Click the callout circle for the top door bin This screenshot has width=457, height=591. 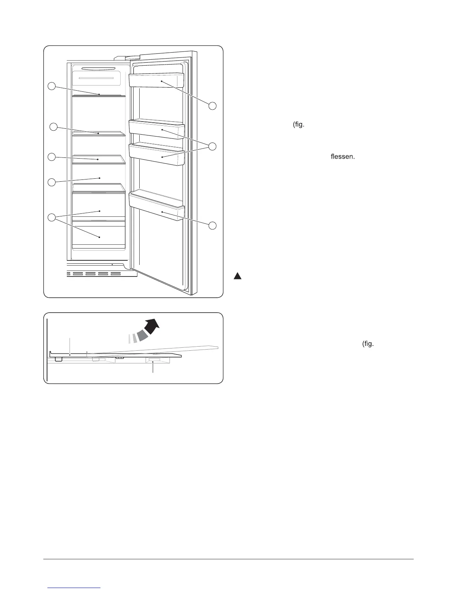tap(212, 106)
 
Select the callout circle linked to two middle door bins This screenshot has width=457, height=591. tap(212, 146)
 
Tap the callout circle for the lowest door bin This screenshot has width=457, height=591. tap(212, 225)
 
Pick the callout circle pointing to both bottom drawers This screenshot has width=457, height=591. tap(52, 218)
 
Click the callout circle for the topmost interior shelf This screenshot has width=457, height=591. tap(52, 87)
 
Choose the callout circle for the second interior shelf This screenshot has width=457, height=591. tap(53, 127)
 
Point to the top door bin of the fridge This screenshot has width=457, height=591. tap(156, 81)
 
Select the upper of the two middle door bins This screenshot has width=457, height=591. tap(156, 129)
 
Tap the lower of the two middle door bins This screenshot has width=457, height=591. tap(156, 155)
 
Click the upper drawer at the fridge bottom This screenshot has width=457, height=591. tap(99, 204)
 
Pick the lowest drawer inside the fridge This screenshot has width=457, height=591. tap(99, 235)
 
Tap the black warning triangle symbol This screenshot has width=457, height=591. tap(238, 276)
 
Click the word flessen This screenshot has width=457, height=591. tap(342, 157)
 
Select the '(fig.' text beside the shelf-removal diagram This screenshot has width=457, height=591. tap(368, 344)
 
